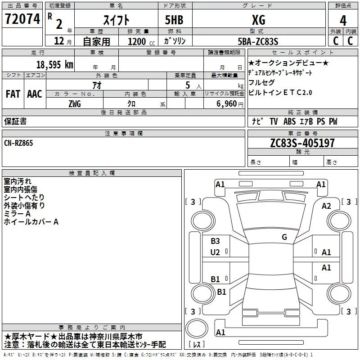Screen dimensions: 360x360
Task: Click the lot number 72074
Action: pos(22,19)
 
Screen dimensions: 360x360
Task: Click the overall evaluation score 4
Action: pos(343,20)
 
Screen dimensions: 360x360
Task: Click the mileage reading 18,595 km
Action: pos(55,64)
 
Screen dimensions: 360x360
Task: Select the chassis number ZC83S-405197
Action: pos(302,143)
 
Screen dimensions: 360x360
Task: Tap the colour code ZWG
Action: pos(75,103)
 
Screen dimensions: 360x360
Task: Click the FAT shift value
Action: pos(13,94)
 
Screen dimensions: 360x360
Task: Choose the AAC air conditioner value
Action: pos(35,94)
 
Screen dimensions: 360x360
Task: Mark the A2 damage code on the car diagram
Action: pos(326,206)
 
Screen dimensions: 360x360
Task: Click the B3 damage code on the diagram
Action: pos(215,241)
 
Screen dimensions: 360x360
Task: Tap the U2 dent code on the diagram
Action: pos(215,252)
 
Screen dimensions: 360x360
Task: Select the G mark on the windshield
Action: pos(284,237)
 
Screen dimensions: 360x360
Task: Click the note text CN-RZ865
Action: pos(18,143)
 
